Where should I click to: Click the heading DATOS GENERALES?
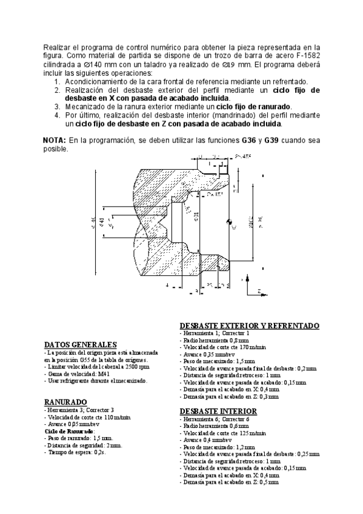click(x=80, y=344)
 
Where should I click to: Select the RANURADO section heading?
click(x=65, y=402)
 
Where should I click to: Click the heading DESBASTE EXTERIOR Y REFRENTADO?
click(x=250, y=325)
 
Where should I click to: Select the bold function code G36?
click(x=249, y=140)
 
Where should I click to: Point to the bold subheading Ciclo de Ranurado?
click(x=66, y=431)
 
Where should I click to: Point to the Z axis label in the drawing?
click(x=259, y=292)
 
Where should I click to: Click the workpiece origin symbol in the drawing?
click(x=231, y=221)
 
